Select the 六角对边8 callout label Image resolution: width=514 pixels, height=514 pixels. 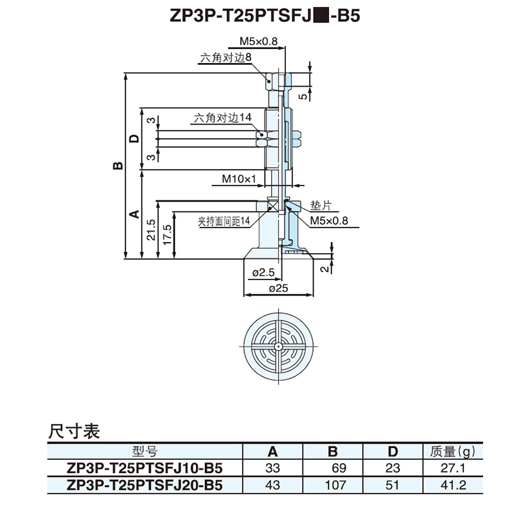pyautogui.click(x=226, y=57)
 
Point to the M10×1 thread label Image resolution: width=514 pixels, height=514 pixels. pyautogui.click(x=240, y=178)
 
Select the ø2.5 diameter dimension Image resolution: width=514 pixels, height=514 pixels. pyautogui.click(x=263, y=273)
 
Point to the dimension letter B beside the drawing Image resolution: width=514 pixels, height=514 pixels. pyautogui.click(x=118, y=166)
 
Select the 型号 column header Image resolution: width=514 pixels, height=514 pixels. pyautogui.click(x=145, y=452)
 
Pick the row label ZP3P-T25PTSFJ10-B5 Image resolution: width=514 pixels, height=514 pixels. pyautogui.click(x=145, y=468)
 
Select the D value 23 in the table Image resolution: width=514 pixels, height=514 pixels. pyautogui.click(x=392, y=468)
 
